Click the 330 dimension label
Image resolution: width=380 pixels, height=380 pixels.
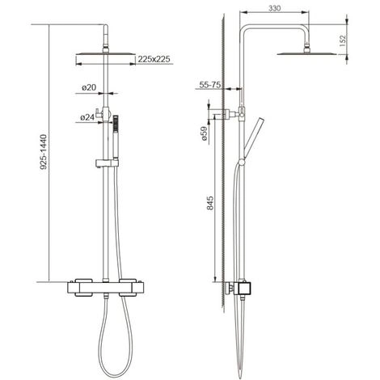point(274,8)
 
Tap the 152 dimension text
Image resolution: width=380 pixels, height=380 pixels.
point(343,40)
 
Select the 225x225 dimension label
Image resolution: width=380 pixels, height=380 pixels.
point(154,59)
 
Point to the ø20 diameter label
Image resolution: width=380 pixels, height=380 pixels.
point(89,87)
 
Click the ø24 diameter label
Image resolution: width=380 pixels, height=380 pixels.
point(87,117)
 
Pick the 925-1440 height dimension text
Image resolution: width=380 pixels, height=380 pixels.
point(44,152)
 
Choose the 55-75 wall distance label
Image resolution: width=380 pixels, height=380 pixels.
point(210,85)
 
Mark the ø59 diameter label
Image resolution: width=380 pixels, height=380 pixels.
point(204,133)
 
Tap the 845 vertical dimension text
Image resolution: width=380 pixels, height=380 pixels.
point(210,203)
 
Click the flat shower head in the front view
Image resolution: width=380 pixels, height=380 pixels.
point(106,53)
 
